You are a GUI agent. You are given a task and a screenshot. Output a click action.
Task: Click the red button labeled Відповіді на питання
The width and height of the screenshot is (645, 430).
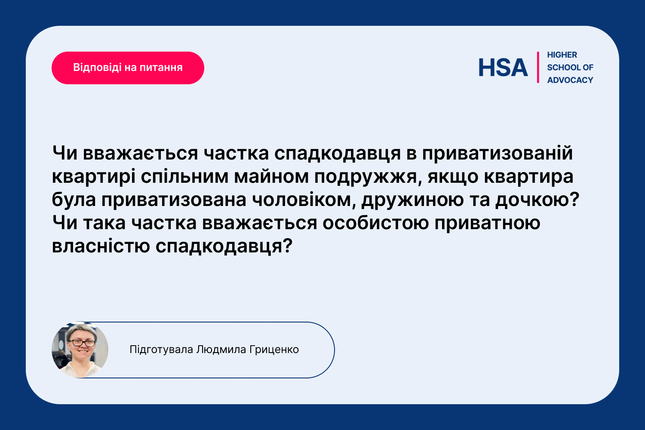128,68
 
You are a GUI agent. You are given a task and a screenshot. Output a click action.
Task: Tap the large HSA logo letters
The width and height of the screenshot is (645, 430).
503,68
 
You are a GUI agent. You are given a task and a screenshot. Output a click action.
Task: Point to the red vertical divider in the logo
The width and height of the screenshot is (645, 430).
538,68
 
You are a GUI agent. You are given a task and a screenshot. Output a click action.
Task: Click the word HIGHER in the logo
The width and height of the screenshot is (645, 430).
562,55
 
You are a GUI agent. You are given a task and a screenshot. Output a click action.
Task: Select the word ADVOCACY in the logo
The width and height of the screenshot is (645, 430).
570,80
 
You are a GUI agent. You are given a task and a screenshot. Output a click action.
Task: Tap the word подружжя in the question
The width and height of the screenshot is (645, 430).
365,177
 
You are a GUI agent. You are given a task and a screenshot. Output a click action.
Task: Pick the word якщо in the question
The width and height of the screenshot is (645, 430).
453,177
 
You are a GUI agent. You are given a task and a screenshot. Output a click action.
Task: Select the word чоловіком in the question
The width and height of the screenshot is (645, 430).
301,200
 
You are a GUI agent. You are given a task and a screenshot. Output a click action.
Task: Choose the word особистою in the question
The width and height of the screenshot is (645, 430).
375,223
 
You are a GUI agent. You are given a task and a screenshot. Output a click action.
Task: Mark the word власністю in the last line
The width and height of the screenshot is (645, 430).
101,246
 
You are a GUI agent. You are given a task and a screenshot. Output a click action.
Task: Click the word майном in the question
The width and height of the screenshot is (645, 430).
271,177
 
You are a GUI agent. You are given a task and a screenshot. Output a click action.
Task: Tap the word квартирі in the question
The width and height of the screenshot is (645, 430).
94,177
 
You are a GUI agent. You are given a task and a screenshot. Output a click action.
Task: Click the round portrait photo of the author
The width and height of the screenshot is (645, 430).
80,350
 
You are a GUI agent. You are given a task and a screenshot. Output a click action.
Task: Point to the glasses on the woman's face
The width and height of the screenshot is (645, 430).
82,343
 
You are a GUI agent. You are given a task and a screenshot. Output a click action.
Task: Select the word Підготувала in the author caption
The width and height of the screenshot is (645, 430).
161,350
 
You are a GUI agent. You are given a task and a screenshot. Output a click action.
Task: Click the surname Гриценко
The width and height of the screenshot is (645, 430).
274,350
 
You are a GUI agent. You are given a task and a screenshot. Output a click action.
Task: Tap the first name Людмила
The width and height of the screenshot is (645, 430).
221,350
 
